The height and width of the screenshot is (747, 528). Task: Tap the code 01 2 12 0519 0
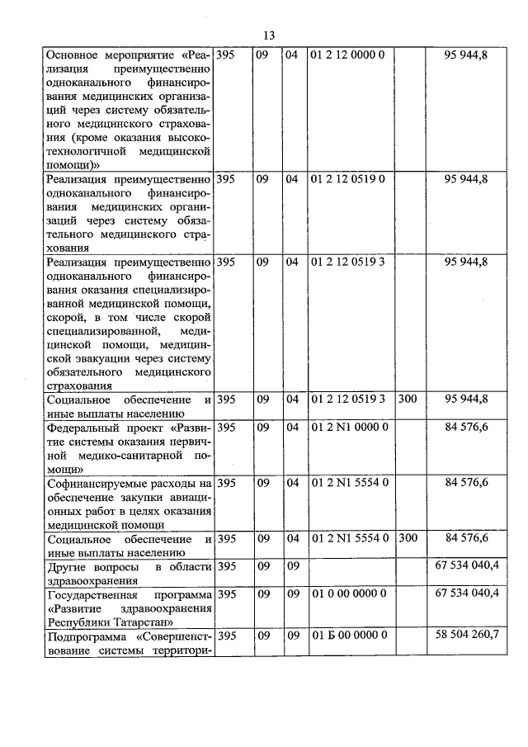[x=346, y=178]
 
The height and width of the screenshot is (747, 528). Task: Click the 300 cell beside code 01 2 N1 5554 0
[x=408, y=538]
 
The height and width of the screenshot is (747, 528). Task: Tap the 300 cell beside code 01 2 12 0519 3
[x=408, y=399]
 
